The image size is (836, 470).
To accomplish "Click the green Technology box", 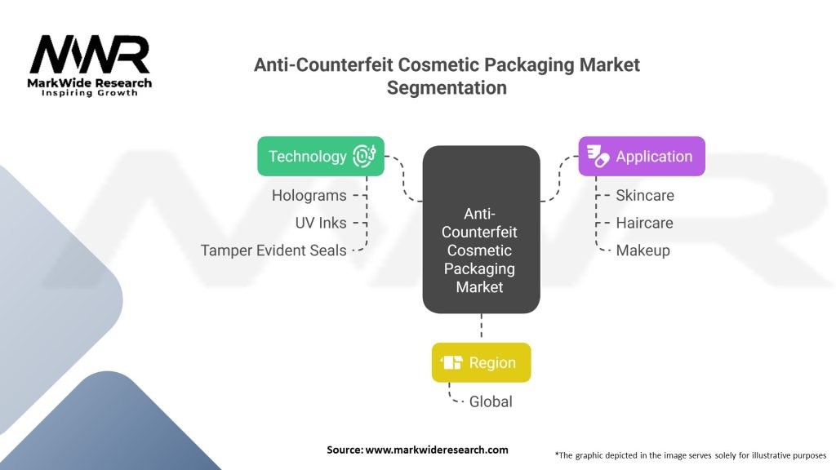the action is [x=320, y=156].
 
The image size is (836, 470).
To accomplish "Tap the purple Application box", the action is [x=642, y=156].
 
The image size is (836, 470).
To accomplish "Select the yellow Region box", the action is [x=481, y=362].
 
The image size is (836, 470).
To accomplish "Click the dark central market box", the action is [x=481, y=229].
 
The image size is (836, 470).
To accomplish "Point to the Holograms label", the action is [x=309, y=196].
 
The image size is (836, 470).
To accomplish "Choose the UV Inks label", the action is [x=320, y=223].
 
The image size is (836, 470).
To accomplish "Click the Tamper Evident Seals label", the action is [x=273, y=251].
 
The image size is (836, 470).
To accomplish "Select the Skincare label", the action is [x=645, y=196].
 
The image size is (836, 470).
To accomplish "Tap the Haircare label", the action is [x=644, y=223].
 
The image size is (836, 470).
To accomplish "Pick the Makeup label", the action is [x=643, y=251].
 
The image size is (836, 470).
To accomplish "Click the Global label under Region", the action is [x=491, y=401].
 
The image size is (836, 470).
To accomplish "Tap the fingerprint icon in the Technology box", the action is [x=364, y=156].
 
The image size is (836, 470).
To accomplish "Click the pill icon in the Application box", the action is [x=598, y=156].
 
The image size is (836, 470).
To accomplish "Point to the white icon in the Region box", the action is [x=451, y=362].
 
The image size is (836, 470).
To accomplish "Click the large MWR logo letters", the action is [x=90, y=55].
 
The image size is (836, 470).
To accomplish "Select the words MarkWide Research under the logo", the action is [x=90, y=83].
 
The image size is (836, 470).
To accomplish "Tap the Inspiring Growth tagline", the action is [x=90, y=93].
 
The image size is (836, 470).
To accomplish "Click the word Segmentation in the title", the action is [x=447, y=88].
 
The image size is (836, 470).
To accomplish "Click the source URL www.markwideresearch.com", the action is [x=437, y=450].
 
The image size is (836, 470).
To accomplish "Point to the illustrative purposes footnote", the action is [x=691, y=455].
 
